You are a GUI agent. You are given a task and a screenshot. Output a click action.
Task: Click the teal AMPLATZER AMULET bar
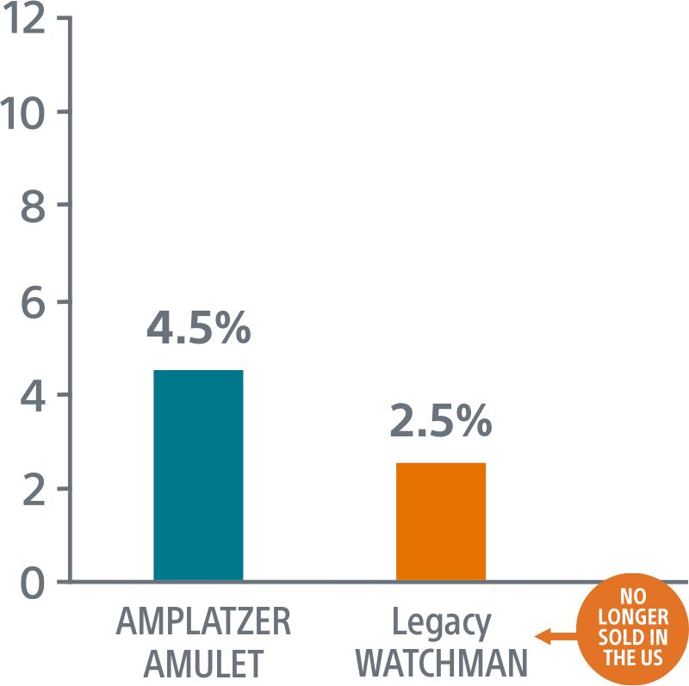(198, 475)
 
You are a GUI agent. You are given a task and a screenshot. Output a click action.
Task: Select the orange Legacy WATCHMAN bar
(441, 521)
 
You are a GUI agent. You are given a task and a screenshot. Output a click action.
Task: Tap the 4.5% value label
(198, 331)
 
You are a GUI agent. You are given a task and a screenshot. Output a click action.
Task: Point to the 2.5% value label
(441, 423)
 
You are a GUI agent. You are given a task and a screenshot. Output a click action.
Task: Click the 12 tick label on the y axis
(24, 19)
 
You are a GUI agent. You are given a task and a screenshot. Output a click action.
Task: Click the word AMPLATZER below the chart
(203, 622)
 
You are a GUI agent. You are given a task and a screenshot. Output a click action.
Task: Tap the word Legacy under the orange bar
(440, 622)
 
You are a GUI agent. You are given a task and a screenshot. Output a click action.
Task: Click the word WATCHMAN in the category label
(440, 663)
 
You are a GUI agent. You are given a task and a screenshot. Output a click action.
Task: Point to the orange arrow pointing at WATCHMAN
(556, 637)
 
